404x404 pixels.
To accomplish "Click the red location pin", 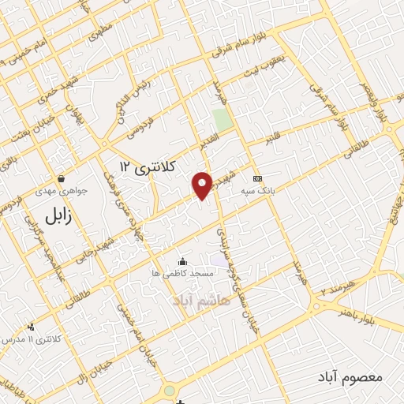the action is click(203, 185).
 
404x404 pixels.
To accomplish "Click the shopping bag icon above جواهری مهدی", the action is click(60, 178).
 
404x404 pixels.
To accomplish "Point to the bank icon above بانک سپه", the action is click(256, 178).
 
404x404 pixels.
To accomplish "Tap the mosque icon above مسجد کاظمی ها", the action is click(183, 261).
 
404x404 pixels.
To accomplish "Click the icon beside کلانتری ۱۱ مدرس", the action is click(32, 327).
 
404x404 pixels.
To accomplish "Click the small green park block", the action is click(223, 120).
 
